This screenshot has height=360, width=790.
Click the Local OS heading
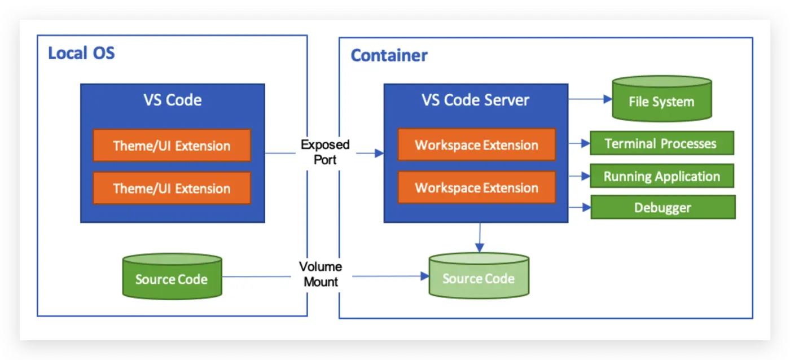point(81,53)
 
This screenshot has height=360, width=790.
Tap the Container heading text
point(389,56)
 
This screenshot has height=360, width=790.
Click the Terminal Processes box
point(661,143)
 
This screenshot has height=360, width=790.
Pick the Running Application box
point(661,176)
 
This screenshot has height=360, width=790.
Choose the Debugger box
point(662,208)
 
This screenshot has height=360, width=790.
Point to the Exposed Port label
point(325,152)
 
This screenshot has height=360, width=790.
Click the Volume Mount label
point(321,274)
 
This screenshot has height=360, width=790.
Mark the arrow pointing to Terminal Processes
point(578,143)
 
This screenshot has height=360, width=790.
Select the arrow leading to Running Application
point(578,176)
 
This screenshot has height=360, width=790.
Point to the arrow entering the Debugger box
point(579,208)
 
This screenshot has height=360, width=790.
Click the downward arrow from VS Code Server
point(479,237)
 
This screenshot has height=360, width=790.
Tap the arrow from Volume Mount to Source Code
point(389,276)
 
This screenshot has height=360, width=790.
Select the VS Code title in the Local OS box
point(172,100)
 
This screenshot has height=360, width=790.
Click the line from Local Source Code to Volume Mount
point(257,276)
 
